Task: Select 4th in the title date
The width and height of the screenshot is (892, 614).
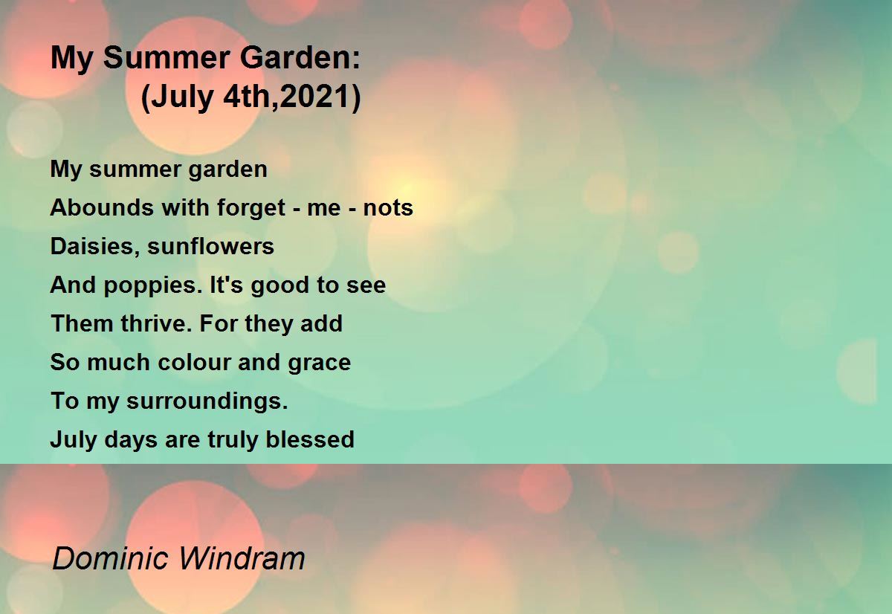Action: click(x=248, y=97)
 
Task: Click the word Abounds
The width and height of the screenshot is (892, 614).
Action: click(x=102, y=207)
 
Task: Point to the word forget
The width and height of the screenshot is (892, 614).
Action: click(x=251, y=208)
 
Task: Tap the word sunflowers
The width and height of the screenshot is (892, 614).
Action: click(x=210, y=246)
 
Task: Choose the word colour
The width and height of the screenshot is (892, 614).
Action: click(x=194, y=362)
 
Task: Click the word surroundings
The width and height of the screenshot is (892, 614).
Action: click(x=207, y=401)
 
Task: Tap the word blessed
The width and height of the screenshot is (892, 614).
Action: click(x=310, y=439)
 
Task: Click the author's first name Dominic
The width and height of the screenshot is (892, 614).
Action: click(x=110, y=558)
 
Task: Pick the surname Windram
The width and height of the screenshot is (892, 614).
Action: click(x=242, y=558)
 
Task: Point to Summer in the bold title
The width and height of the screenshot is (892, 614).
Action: click(x=167, y=58)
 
